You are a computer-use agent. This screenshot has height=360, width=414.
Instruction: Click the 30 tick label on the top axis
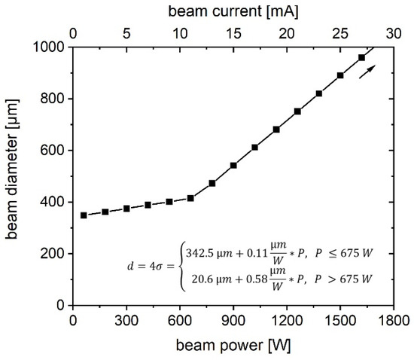[393, 34]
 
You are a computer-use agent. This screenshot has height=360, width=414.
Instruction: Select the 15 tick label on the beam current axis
[233, 34]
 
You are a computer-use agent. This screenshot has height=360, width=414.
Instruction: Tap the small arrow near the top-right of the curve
[366, 71]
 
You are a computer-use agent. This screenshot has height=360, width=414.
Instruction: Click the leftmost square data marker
[84, 215]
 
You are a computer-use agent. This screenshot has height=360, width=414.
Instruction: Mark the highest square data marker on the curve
[361, 57]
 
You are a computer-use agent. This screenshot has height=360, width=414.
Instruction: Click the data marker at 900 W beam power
[233, 165]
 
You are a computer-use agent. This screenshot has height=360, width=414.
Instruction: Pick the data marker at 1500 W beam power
[340, 75]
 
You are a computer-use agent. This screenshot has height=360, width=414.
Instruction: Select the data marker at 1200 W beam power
[276, 130]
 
